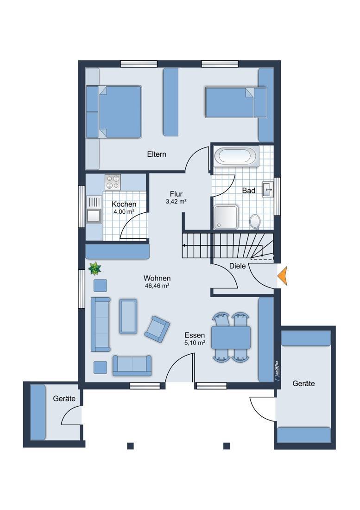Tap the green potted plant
click(x=95, y=268)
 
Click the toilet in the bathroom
click(x=255, y=221)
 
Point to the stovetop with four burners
click(x=113, y=182)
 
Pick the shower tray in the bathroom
click(x=226, y=217)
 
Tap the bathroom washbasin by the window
click(x=268, y=189)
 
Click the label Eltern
click(x=157, y=154)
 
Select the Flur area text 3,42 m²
click(x=176, y=202)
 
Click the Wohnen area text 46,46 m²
click(x=157, y=286)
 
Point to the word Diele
click(x=238, y=266)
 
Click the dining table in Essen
click(x=231, y=337)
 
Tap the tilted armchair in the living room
click(x=157, y=329)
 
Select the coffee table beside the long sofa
click(x=128, y=316)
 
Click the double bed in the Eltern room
click(x=114, y=111)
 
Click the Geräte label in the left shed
click(x=64, y=398)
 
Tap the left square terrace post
click(x=130, y=446)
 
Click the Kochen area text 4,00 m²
click(x=124, y=212)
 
